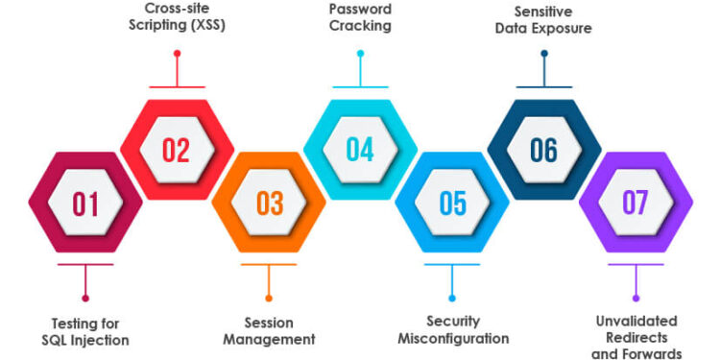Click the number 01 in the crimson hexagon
pyautogui.click(x=85, y=204)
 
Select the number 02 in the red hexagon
pyautogui.click(x=177, y=151)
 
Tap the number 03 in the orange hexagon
pyautogui.click(x=270, y=204)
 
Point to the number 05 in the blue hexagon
pyautogui.click(x=452, y=204)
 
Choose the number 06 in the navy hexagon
pyautogui.click(x=544, y=151)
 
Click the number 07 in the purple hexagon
pyautogui.click(x=636, y=204)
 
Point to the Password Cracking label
pyautogui.click(x=360, y=17)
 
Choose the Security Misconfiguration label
pyautogui.click(x=453, y=330)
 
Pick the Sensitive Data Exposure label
pyautogui.click(x=543, y=19)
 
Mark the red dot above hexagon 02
pyautogui.click(x=177, y=54)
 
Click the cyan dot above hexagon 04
pyautogui.click(x=360, y=54)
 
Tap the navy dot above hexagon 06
pyautogui.click(x=544, y=54)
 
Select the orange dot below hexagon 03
pyautogui.click(x=269, y=298)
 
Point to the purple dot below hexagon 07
pyautogui.click(x=636, y=298)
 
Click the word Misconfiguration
pyautogui.click(x=453, y=339)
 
